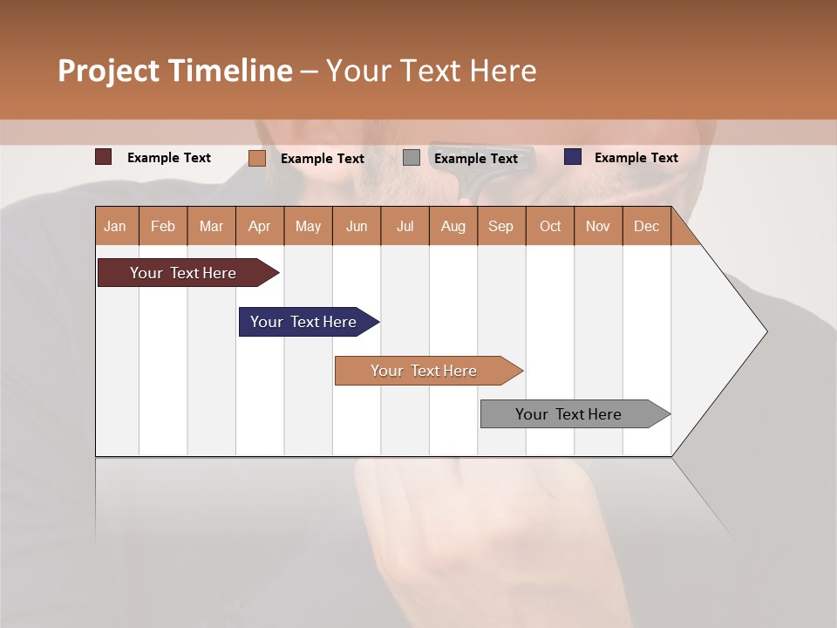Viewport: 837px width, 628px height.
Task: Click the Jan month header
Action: tap(115, 226)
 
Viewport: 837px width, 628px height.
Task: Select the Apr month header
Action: tap(259, 226)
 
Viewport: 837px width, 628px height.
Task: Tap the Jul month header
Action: tap(405, 226)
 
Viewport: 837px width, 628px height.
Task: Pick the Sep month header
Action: tap(500, 226)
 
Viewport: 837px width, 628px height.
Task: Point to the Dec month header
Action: tap(646, 226)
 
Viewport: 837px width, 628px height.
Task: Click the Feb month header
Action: tap(163, 226)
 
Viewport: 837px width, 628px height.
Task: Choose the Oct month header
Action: tap(550, 226)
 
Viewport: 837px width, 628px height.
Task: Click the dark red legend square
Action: tap(104, 157)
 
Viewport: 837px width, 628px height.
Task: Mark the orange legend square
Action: tap(256, 158)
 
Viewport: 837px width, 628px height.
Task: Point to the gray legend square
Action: tap(412, 158)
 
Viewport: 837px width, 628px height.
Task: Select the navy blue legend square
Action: tap(573, 157)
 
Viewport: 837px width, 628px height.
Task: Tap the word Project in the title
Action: tap(109, 71)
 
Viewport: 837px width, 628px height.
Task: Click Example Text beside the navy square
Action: tap(636, 157)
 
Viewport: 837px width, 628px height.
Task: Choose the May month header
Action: tap(308, 226)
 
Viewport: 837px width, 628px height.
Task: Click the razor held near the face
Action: tap(466, 170)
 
